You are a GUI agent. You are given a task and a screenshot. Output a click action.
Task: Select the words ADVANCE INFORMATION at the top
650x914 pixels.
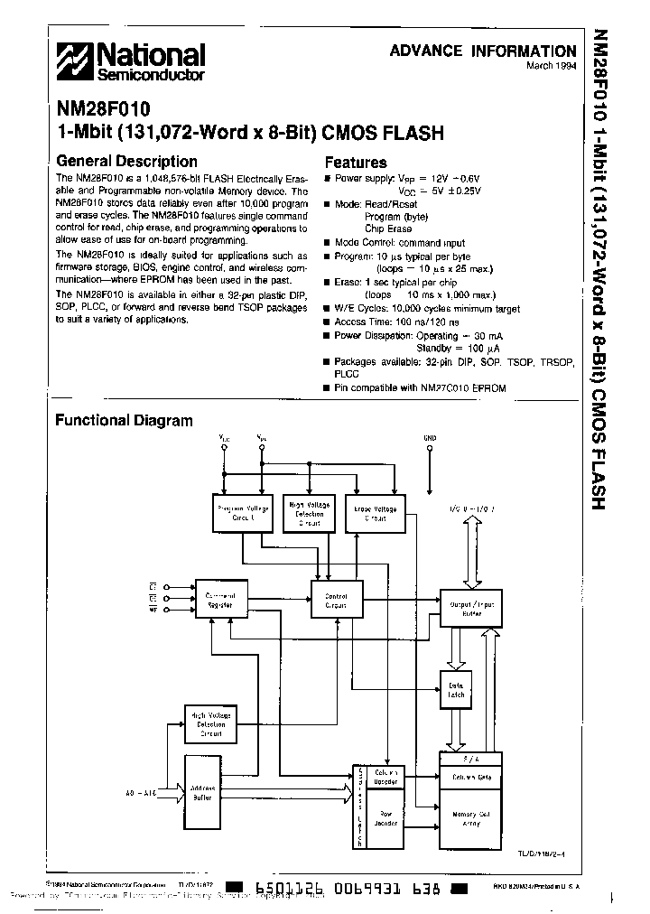482,51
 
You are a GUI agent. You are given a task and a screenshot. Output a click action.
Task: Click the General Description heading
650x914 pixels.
126,162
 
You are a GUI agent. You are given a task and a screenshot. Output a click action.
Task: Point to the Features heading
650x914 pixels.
355,163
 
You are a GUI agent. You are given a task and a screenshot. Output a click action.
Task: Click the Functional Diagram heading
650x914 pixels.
124,420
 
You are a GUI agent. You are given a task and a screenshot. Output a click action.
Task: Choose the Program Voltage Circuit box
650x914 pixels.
240,514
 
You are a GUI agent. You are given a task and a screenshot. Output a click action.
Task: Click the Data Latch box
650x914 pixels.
455,690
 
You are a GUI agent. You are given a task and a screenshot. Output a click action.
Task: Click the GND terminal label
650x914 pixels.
430,439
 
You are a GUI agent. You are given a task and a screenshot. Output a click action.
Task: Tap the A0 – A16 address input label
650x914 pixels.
143,792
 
